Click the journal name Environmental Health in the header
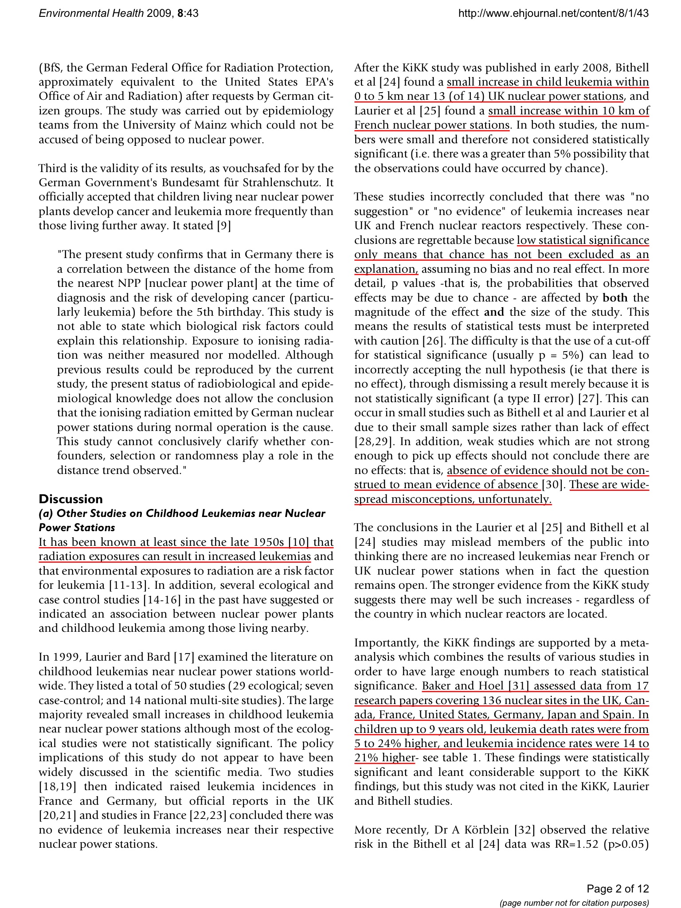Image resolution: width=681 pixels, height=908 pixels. tap(91, 13)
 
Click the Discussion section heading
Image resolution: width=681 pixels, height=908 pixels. tap(70, 499)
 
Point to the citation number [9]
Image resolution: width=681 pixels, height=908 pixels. tap(224, 226)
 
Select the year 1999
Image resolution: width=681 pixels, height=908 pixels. tap(66, 657)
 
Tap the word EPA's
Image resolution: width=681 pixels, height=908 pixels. tap(315, 82)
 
